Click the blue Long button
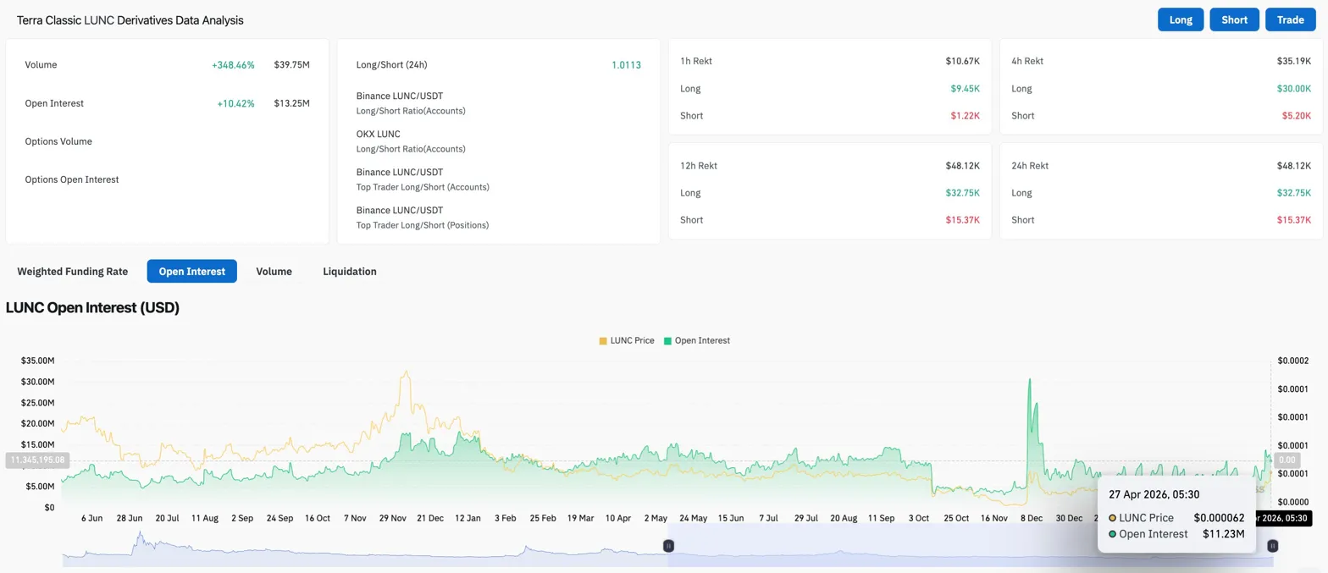pos(1181,19)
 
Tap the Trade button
pos(1290,19)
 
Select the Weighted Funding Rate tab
pos(73,272)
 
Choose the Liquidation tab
pos(350,272)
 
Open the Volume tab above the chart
pos(274,272)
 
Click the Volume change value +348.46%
pos(233,64)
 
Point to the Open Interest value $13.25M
pos(291,103)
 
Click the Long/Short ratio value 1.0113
pos(626,64)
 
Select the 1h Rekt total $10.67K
pos(962,61)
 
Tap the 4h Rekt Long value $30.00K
pos(1294,88)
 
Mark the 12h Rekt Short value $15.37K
pos(962,220)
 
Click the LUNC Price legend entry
pos(627,340)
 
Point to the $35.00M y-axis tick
pos(38,361)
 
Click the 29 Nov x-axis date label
pos(394,518)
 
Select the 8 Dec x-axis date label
pos(1031,518)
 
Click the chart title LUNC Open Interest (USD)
pos(92,308)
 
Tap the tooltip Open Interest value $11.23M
pos(1223,534)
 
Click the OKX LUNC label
pos(379,134)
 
